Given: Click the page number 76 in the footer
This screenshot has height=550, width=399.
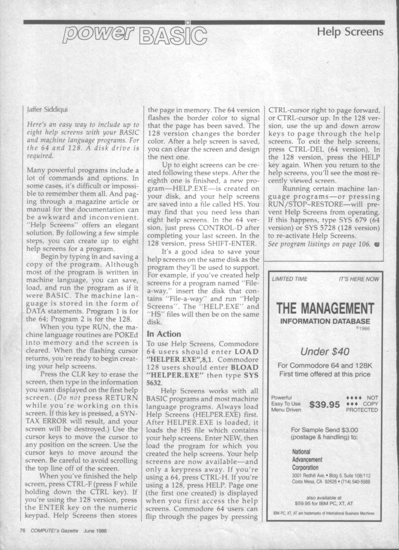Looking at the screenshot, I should (x=22, y=530).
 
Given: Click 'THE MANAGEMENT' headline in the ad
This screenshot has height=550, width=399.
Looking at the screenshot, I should (x=325, y=307).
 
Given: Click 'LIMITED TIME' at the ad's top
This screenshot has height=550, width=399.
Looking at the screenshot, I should (x=290, y=279).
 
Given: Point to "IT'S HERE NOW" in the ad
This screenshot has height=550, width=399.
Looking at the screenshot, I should (x=358, y=279).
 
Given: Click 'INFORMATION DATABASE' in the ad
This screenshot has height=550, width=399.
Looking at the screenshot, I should (x=325, y=321).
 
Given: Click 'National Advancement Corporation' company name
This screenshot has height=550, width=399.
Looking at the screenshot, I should (x=307, y=460).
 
